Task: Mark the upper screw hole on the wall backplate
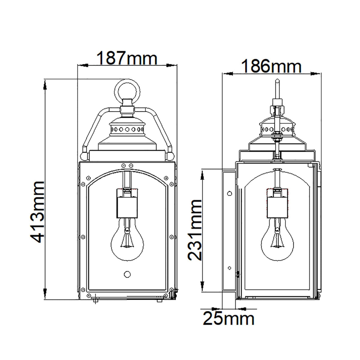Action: point(230,193)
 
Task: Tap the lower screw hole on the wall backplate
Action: point(229,267)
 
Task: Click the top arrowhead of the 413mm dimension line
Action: point(45,84)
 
